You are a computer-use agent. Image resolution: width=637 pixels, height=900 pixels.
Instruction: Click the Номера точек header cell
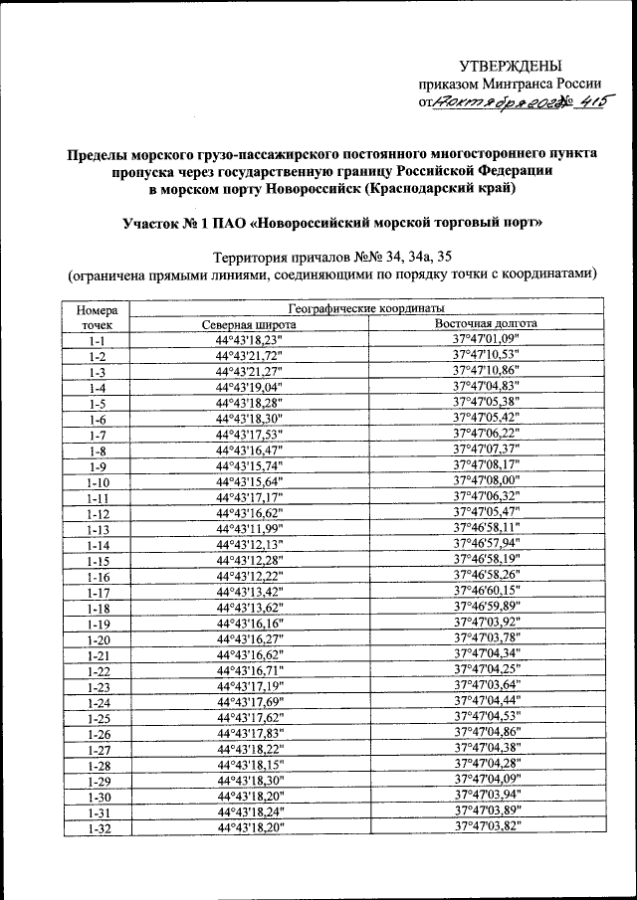(97, 317)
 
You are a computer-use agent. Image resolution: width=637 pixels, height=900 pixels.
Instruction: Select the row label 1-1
(97, 340)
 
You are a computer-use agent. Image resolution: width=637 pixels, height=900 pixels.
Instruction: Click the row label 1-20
(97, 638)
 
